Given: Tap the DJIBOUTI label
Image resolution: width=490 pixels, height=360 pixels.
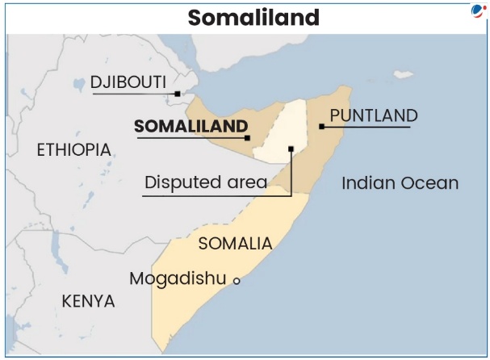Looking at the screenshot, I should click(x=128, y=82).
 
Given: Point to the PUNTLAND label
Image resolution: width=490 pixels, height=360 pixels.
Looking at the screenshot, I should click(x=374, y=115).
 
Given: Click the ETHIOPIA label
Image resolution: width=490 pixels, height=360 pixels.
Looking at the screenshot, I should click(x=73, y=149).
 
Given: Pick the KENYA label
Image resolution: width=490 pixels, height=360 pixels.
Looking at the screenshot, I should click(x=88, y=301).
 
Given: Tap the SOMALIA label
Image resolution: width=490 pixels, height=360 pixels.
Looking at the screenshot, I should click(x=235, y=243).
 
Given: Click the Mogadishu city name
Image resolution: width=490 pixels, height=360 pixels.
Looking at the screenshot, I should click(x=178, y=278).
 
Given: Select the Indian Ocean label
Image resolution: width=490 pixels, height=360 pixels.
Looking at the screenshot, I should click(x=400, y=182).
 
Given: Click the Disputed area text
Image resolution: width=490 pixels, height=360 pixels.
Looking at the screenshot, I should click(x=205, y=182).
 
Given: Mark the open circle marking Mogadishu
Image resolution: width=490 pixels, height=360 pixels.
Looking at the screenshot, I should click(x=237, y=281).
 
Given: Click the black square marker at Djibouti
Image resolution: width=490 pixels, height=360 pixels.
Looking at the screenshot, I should click(x=178, y=94).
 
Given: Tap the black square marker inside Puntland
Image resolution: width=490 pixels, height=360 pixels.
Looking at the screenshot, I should click(x=321, y=127).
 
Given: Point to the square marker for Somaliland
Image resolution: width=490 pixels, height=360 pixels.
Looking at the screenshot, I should click(x=247, y=138).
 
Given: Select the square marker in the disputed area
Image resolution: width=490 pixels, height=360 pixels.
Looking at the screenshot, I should click(x=291, y=149).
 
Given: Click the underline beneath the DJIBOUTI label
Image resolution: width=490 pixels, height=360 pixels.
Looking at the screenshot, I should click(x=133, y=94).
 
